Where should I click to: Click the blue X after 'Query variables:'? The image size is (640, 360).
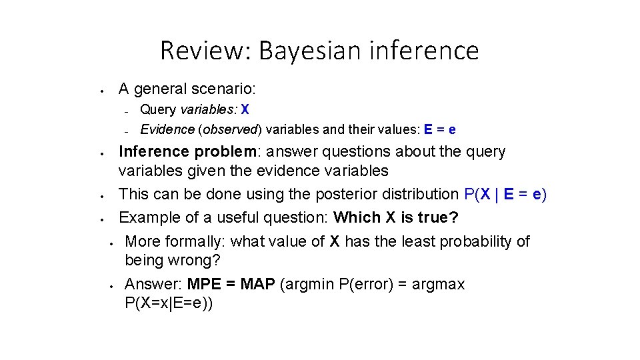coord(245,109)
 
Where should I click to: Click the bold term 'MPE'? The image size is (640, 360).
coord(204,285)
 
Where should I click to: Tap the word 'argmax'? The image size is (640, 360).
coord(439,285)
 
